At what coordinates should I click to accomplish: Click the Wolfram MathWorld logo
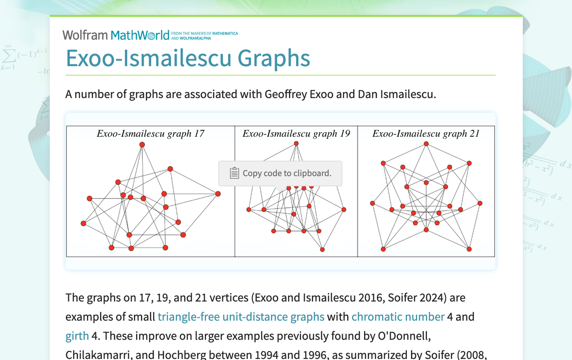(x=116, y=35)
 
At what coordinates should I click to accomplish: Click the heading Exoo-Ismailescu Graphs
(x=188, y=58)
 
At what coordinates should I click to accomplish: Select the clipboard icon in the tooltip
(x=235, y=173)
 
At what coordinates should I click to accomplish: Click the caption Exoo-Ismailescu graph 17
(x=150, y=133)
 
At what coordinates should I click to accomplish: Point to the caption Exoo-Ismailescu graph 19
(x=296, y=133)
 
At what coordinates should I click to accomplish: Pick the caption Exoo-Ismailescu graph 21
(x=426, y=133)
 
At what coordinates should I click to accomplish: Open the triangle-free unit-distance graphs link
(x=241, y=317)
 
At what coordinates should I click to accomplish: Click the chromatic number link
(x=398, y=317)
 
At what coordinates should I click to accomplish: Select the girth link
(x=77, y=336)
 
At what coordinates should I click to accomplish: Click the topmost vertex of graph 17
(x=142, y=145)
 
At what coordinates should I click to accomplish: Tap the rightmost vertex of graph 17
(x=218, y=194)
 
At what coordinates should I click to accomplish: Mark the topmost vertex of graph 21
(x=426, y=144)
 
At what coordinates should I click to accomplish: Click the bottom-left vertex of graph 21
(x=383, y=249)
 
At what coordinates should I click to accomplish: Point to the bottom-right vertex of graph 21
(x=469, y=249)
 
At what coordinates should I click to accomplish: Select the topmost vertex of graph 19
(x=296, y=144)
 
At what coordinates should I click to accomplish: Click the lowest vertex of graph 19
(x=322, y=250)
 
